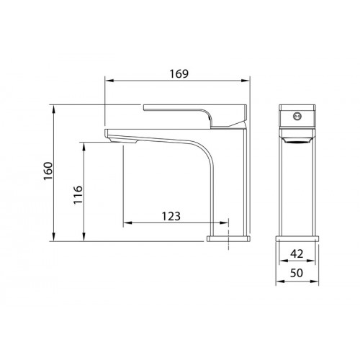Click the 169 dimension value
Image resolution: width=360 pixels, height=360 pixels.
click(x=179, y=73)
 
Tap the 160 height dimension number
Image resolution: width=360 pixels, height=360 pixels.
click(x=48, y=171)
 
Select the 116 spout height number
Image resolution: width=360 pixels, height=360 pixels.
click(x=78, y=194)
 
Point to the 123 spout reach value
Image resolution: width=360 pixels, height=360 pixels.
click(x=171, y=216)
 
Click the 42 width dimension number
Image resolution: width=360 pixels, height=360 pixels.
click(x=297, y=253)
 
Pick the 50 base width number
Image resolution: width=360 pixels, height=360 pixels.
click(x=297, y=273)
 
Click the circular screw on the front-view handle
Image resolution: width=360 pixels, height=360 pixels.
click(x=297, y=116)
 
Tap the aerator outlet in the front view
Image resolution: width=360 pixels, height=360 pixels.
click(x=297, y=140)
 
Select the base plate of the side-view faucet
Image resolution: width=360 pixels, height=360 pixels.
click(x=228, y=238)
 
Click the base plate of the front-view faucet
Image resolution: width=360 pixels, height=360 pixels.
click(x=297, y=238)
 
